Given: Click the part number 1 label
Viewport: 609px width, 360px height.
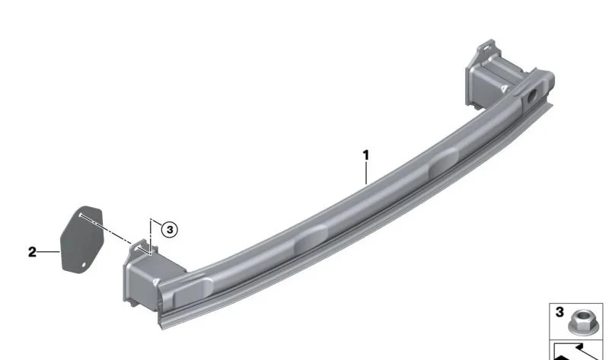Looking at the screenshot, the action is pos(365,155).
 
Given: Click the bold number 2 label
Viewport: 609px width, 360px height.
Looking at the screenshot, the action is pos(32,252).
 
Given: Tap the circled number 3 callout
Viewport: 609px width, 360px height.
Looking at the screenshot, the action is pos(169,230).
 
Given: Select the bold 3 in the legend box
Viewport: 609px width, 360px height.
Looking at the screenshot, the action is pos(560,312).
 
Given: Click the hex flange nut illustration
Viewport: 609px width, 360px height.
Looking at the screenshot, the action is pos(581,322).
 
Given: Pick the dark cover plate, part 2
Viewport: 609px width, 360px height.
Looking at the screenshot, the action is pos(81,239).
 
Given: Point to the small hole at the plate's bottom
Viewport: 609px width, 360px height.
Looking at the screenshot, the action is pos(84,265).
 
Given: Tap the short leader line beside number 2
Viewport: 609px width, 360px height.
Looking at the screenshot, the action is pos(49,252).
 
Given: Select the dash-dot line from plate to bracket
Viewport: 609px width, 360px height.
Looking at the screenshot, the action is pos(105,229).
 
